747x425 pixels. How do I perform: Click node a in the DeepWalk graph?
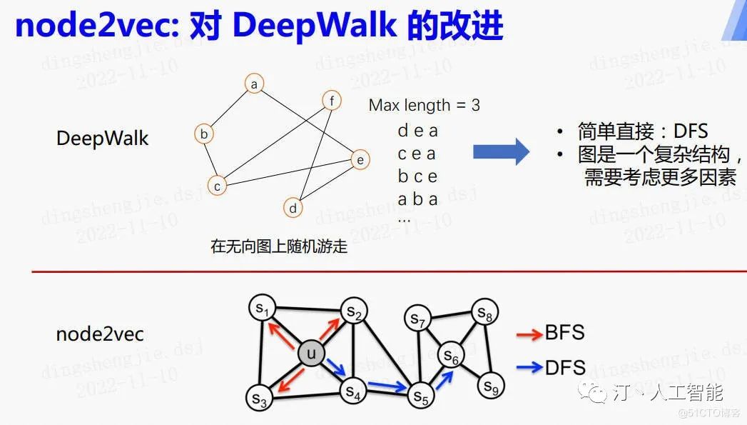[254, 84]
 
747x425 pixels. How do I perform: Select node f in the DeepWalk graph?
[332, 100]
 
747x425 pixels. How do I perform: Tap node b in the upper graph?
[204, 134]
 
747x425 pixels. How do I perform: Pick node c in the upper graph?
[217, 186]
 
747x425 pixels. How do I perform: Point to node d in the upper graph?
[293, 207]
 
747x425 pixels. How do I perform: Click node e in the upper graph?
[360, 159]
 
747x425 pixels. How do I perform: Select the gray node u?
[311, 354]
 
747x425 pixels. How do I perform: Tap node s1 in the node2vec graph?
[263, 308]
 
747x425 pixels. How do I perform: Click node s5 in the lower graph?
[421, 396]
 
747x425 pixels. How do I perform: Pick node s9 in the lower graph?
[490, 386]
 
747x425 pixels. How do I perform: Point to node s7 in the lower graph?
[418, 319]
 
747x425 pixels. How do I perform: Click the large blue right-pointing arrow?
[501, 152]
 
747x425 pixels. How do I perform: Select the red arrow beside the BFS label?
[529, 335]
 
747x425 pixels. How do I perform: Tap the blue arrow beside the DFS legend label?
[529, 367]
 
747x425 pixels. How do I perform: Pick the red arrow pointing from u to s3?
[290, 380]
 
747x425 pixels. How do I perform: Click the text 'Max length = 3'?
[424, 105]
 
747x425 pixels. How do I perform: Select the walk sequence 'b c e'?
[417, 176]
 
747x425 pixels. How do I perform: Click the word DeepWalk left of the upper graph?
[103, 139]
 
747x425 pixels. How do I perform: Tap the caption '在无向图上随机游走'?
[279, 246]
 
